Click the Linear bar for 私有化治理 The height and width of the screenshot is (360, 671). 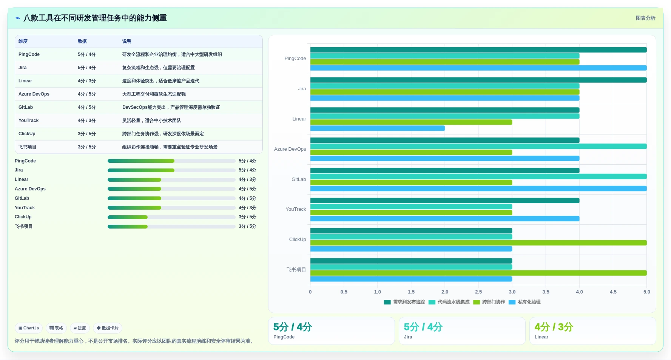378,128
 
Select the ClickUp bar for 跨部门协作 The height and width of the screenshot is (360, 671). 478,243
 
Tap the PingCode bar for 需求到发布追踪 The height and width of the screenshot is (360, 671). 478,50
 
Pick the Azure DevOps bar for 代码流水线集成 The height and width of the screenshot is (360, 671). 478,146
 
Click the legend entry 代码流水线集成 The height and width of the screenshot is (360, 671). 449,302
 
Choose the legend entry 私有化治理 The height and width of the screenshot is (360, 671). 524,302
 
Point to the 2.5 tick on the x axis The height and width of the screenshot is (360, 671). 478,292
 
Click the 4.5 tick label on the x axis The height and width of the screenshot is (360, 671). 613,292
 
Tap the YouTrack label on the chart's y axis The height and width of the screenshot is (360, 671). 296,209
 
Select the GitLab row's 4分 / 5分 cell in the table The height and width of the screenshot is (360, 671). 87,107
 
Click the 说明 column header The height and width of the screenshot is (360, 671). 127,41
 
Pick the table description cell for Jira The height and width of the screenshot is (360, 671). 159,68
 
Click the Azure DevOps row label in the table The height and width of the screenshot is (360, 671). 34,94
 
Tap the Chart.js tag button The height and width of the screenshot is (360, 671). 29,328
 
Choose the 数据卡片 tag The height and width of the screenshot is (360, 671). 108,328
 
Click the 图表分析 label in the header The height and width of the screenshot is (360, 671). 645,18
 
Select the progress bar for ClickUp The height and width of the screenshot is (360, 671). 171,217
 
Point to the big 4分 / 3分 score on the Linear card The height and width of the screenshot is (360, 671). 554,327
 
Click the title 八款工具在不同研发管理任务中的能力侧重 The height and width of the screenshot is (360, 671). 95,18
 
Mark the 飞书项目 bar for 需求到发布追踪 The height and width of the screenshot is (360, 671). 411,261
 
